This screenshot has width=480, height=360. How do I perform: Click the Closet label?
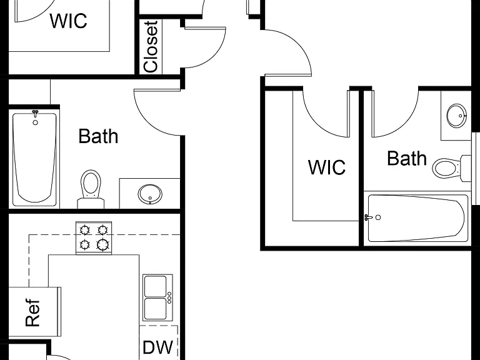[x=151, y=47]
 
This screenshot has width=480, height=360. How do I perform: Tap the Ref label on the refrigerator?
[x=32, y=312]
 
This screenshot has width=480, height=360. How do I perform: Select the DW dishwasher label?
[x=158, y=347]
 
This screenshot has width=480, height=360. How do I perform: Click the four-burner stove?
[x=94, y=238]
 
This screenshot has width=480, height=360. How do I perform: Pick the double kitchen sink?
[x=157, y=297]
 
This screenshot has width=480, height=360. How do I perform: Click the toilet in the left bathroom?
[x=91, y=189]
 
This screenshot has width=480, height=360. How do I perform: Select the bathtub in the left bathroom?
[x=34, y=158]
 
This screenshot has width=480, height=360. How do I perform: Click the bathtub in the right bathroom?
[x=418, y=218]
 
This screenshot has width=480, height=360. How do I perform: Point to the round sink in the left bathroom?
[x=150, y=194]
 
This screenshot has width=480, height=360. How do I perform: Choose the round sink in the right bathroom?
[x=457, y=116]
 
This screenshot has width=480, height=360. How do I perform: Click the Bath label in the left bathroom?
[x=98, y=136]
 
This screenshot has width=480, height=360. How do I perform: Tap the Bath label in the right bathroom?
[x=407, y=158]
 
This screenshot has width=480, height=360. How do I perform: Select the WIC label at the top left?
[x=68, y=21]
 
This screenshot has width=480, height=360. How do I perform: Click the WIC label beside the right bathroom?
[x=327, y=167]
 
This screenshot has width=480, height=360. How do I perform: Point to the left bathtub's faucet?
[x=35, y=114]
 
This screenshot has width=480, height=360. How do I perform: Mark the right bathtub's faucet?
[x=369, y=217]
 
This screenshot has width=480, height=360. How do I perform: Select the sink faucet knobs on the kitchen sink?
[x=169, y=297]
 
